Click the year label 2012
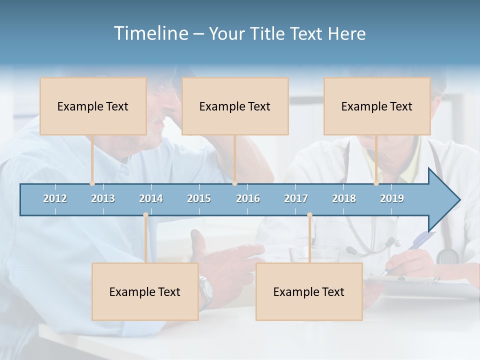(x=55, y=198)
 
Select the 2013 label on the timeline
(x=103, y=198)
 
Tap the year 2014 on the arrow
(x=151, y=198)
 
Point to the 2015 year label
(x=199, y=198)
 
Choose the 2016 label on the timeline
(x=248, y=198)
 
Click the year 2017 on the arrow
(x=296, y=198)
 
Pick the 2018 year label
(x=344, y=198)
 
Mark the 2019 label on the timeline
(x=392, y=198)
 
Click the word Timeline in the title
(x=150, y=33)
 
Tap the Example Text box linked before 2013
(x=93, y=106)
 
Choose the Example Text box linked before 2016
(x=235, y=106)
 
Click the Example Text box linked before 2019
(x=377, y=106)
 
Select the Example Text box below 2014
(x=145, y=291)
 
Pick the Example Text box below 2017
(x=309, y=291)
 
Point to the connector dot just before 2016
(x=234, y=183)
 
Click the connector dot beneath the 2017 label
(x=309, y=215)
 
